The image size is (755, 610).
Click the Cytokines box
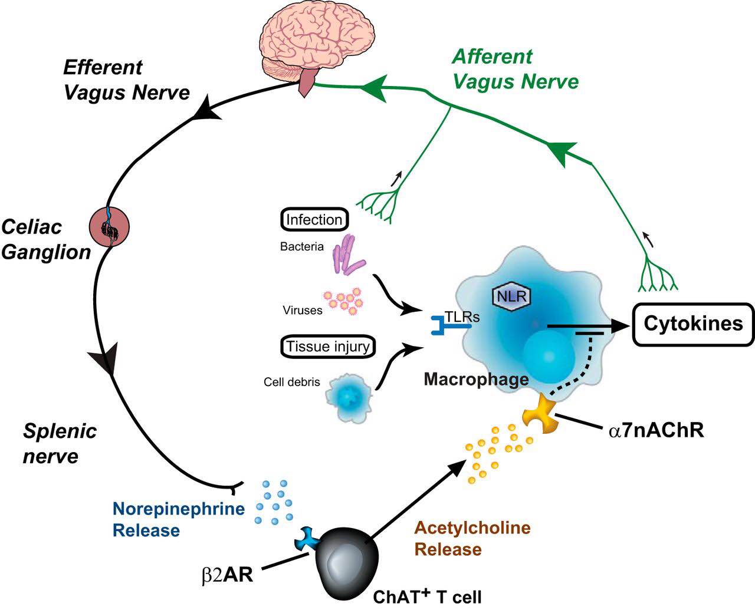click(x=693, y=324)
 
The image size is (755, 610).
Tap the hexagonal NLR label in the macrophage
click(x=512, y=296)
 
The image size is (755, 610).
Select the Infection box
click(x=314, y=219)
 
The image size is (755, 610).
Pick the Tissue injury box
click(x=328, y=346)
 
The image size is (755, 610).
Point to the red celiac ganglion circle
click(x=109, y=227)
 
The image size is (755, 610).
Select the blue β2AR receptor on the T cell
click(x=307, y=539)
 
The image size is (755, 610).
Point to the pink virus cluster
click(x=343, y=301)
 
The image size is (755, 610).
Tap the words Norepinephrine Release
click(x=179, y=519)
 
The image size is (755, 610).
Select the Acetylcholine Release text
click(x=472, y=539)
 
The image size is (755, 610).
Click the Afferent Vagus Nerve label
click(x=515, y=69)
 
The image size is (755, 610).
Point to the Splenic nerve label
click(x=60, y=443)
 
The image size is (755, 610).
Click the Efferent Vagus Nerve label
click(x=127, y=80)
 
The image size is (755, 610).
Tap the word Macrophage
click(x=476, y=380)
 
